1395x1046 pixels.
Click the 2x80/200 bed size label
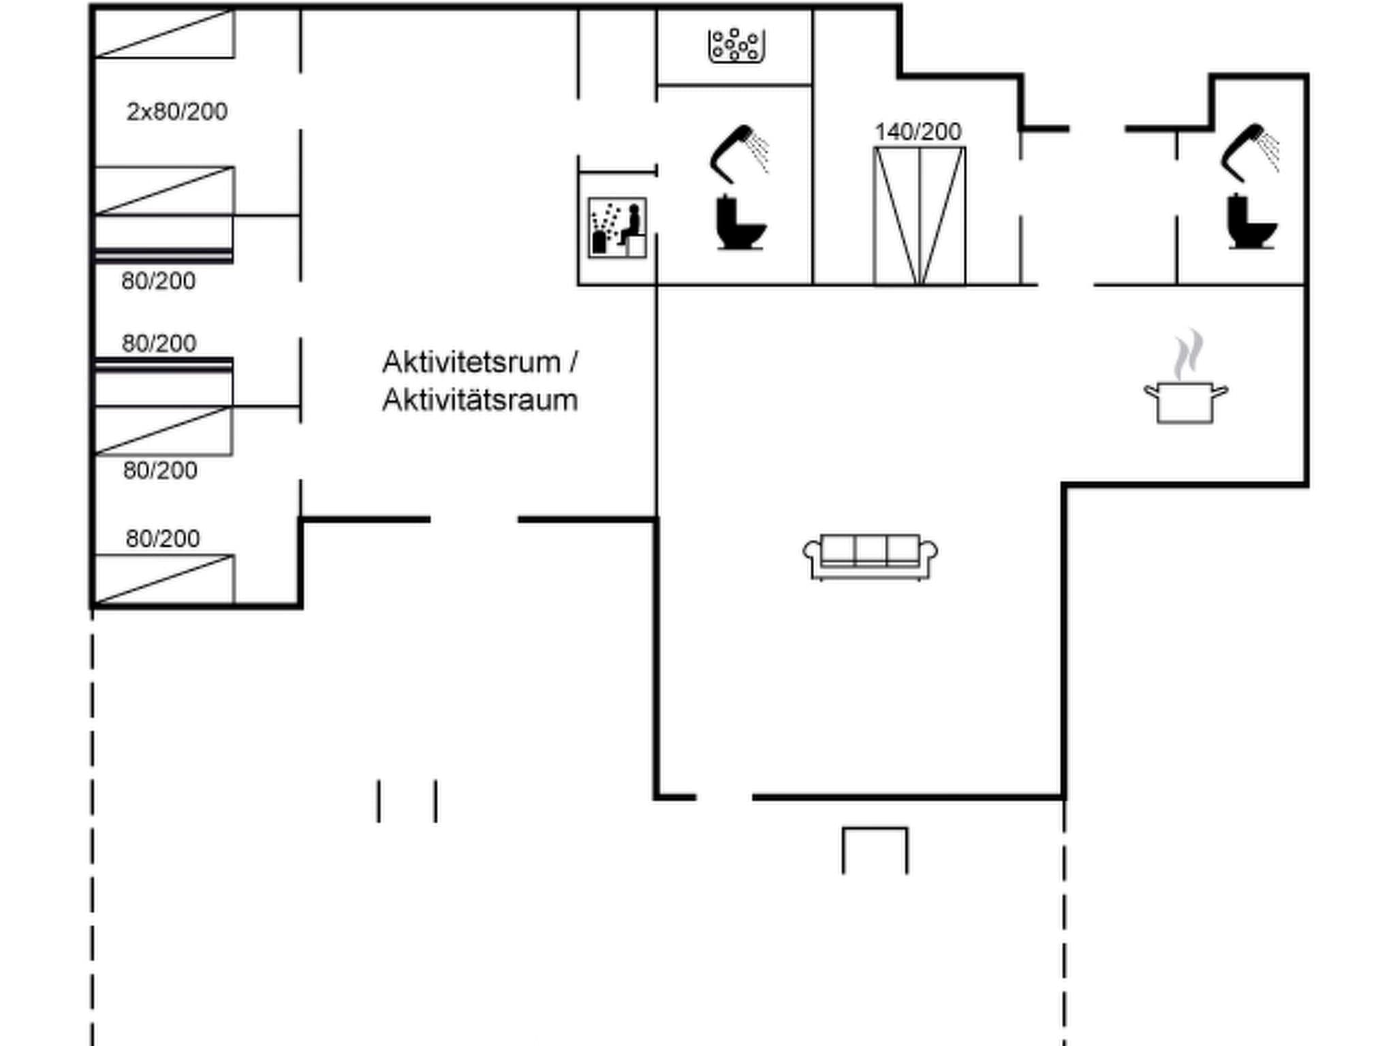(x=176, y=112)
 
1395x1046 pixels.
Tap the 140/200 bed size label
(x=918, y=132)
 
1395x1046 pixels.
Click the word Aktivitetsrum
(x=471, y=362)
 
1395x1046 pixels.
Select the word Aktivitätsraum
(x=480, y=400)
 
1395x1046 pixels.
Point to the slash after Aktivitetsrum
(x=573, y=362)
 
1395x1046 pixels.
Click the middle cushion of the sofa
(x=871, y=550)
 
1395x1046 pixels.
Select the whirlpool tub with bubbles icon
(x=736, y=46)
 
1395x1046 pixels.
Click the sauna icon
(x=617, y=228)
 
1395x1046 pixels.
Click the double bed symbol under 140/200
(x=920, y=216)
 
